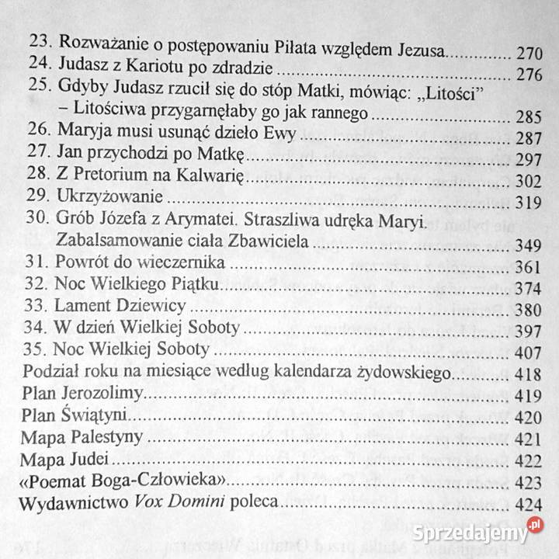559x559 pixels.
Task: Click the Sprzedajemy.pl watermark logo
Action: point(479,533)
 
